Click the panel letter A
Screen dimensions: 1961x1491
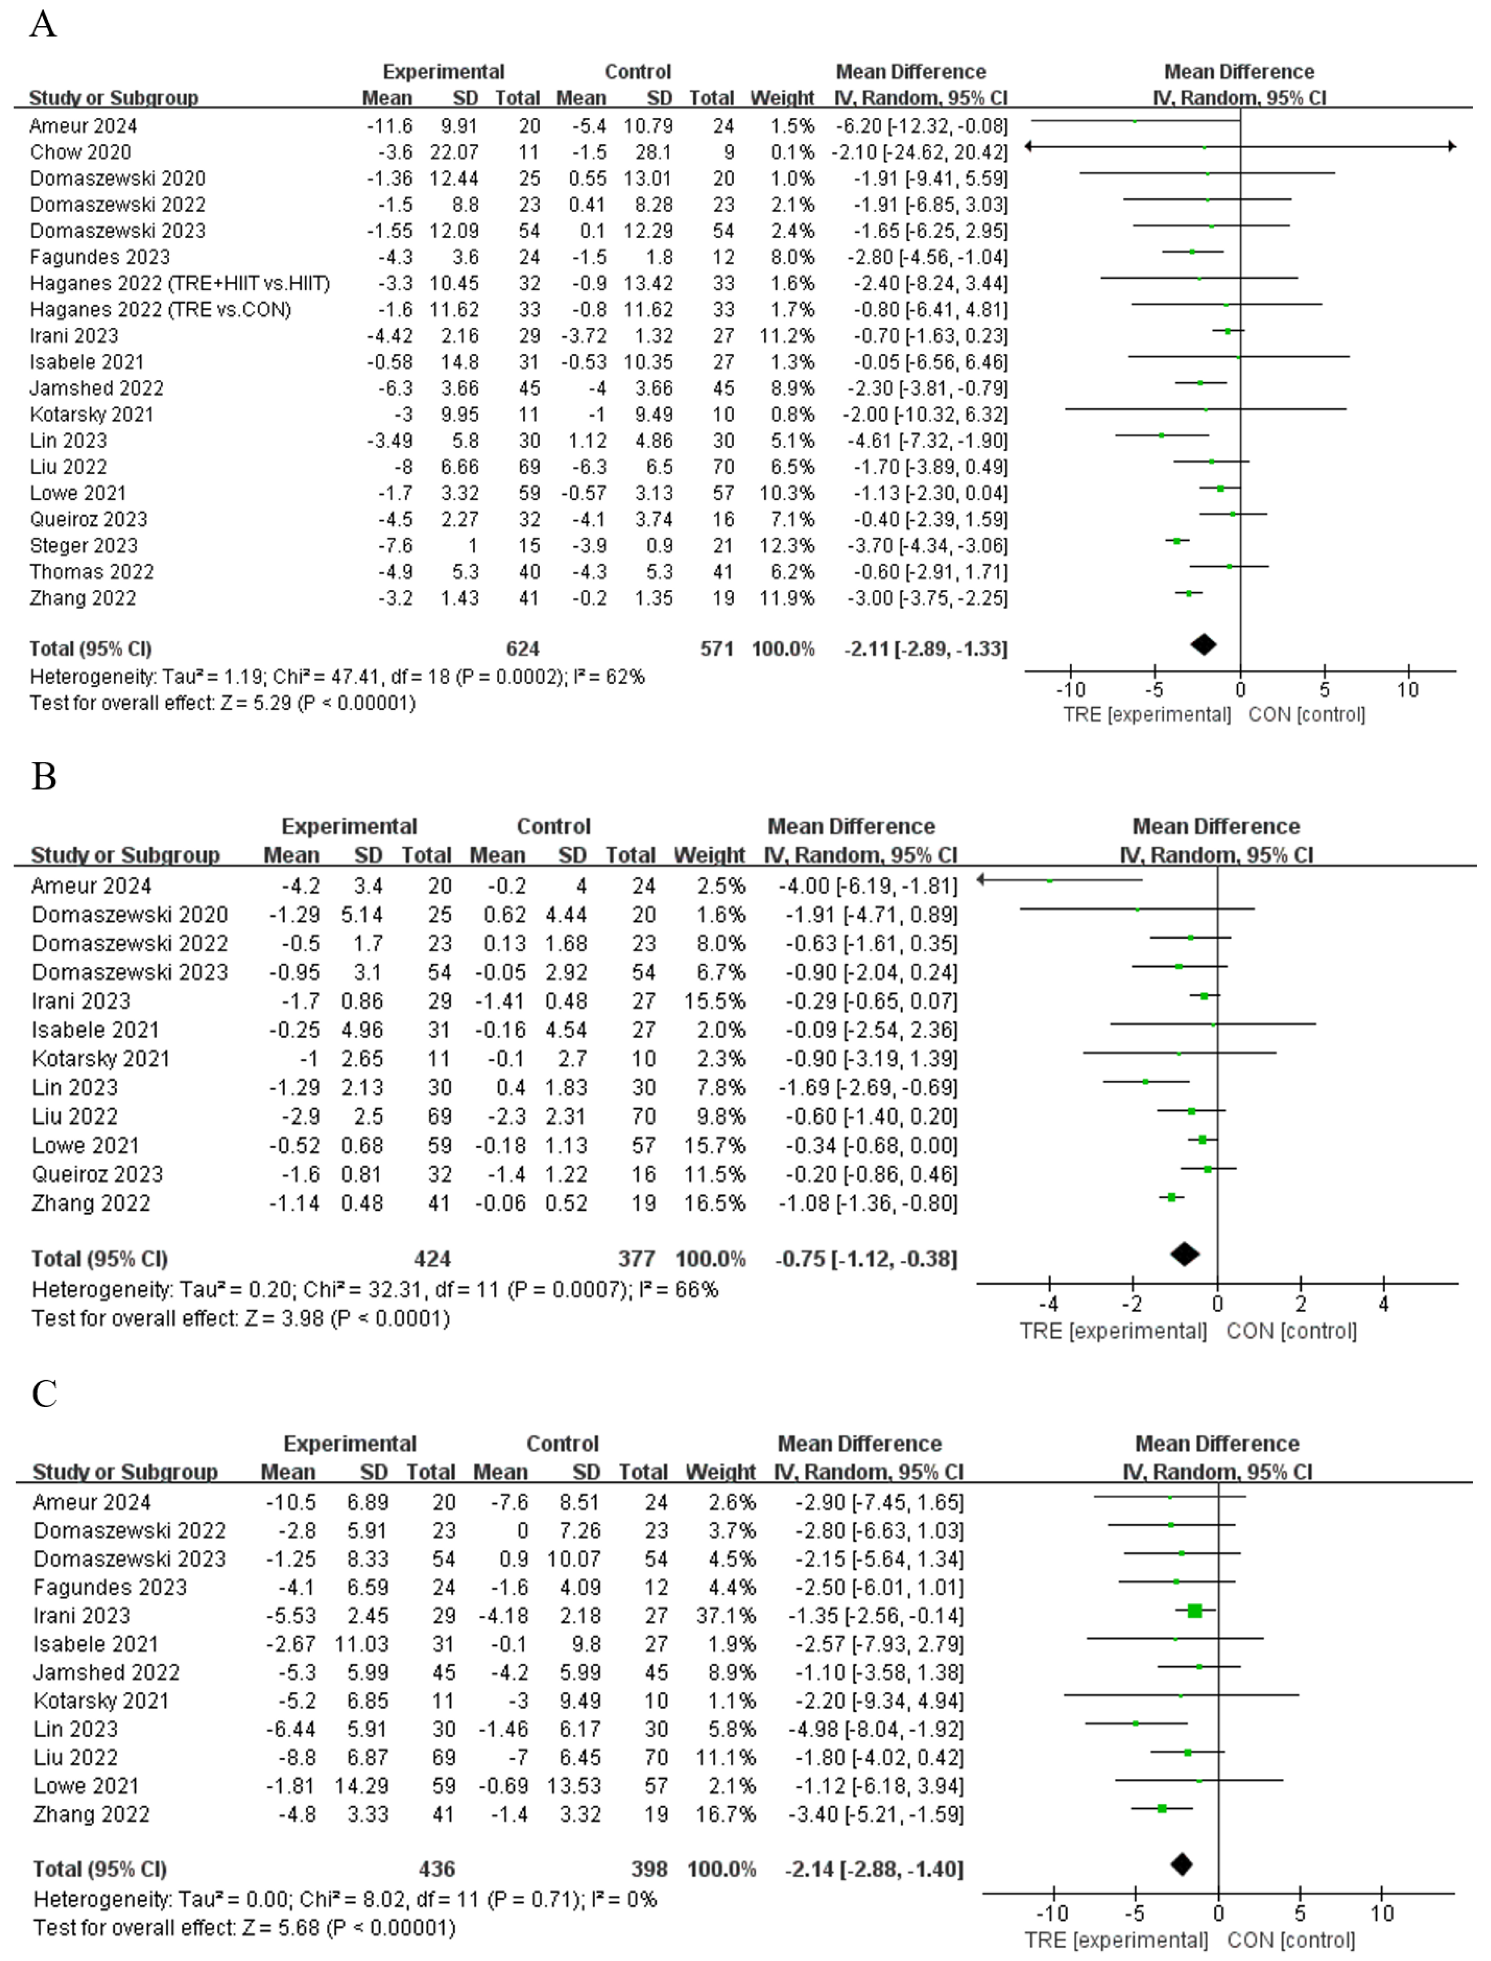point(42,24)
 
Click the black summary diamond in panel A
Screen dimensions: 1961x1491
point(1204,644)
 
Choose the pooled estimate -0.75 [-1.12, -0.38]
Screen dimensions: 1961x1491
point(866,1259)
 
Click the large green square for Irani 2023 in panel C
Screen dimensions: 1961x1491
point(1195,1611)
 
